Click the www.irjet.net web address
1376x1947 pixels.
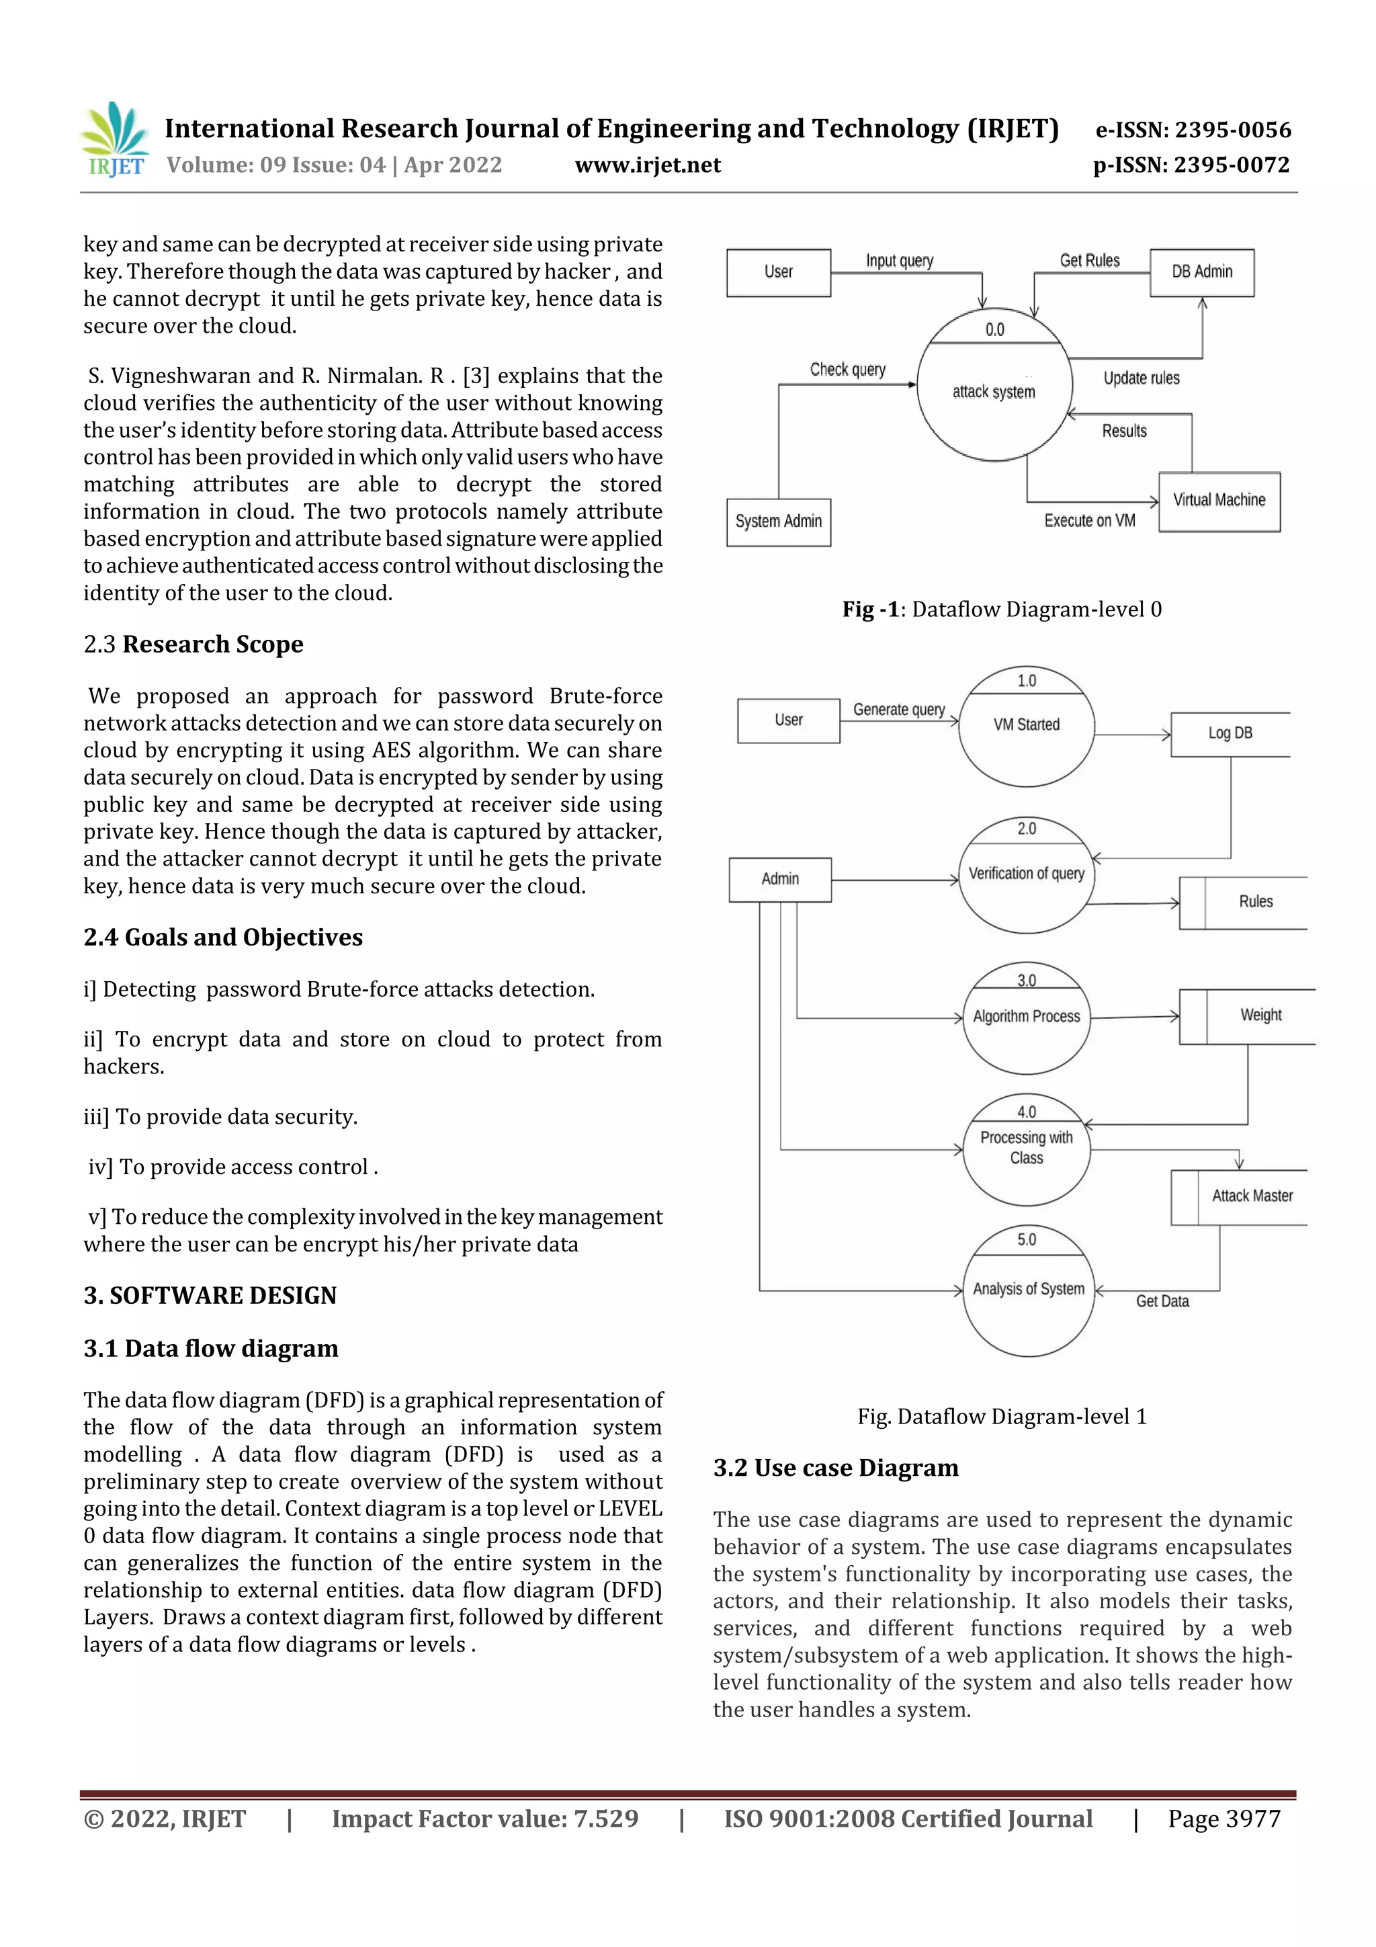(648, 165)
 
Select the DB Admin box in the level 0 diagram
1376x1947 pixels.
(1201, 272)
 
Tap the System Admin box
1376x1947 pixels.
(778, 522)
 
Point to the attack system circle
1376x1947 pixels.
(994, 386)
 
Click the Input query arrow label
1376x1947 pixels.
(899, 260)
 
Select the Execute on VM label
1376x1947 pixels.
(1088, 521)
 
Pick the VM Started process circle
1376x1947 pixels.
(1026, 726)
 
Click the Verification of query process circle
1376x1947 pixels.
(1026, 875)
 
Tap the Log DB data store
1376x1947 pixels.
(1230, 733)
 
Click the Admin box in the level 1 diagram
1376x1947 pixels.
(779, 879)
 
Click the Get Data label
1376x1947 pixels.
(1162, 1301)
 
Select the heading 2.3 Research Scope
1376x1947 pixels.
(193, 645)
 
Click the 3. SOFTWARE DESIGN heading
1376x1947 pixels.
(210, 1295)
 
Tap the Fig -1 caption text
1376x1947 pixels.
(1001, 609)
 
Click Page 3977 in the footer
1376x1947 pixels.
(1223, 1818)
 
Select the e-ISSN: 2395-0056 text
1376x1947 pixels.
(1192, 130)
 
